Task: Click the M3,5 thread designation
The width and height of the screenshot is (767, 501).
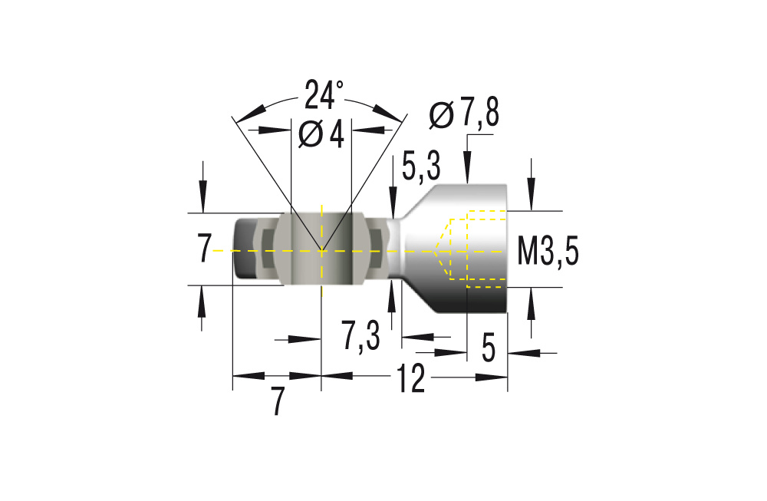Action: (x=547, y=251)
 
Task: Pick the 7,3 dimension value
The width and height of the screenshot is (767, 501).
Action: (x=361, y=336)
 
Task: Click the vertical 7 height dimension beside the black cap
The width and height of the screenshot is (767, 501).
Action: (x=203, y=250)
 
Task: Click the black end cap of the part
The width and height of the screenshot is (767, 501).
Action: (x=245, y=249)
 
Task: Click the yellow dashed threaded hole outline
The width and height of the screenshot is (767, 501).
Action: (x=476, y=249)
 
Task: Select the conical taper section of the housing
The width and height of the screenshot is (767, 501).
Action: (x=418, y=249)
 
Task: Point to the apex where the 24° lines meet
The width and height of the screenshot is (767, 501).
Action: (x=321, y=250)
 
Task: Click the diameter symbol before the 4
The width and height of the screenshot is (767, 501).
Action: (x=309, y=135)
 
